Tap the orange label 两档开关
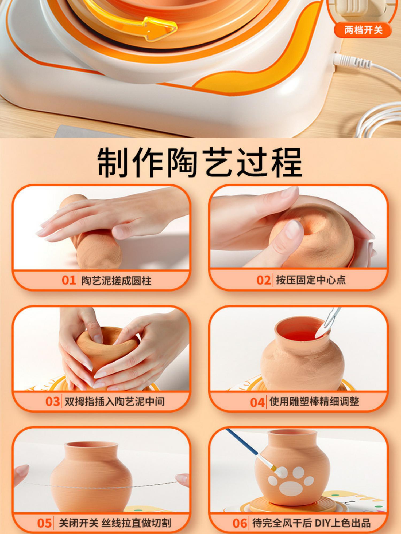363,30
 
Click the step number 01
69,280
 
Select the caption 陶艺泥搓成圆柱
117,281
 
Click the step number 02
264,280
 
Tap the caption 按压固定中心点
311,280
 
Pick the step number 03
52,402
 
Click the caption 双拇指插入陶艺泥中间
115,402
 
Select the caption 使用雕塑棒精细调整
314,401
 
